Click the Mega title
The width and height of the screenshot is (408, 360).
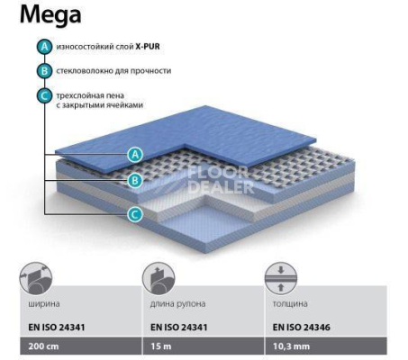click(x=50, y=14)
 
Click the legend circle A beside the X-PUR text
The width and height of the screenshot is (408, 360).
click(x=44, y=47)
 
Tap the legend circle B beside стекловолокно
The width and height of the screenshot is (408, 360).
click(x=44, y=71)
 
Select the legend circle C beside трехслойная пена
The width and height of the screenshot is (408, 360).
click(x=44, y=96)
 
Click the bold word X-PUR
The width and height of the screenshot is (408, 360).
click(x=148, y=47)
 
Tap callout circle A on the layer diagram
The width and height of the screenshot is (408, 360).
click(x=135, y=155)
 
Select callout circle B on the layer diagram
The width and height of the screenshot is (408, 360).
click(x=135, y=181)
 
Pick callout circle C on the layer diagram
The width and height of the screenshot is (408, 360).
click(x=135, y=215)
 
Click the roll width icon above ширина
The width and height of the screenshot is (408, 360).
click(x=36, y=279)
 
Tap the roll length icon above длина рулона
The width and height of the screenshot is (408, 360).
click(x=159, y=279)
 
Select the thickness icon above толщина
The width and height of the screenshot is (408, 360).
click(x=281, y=279)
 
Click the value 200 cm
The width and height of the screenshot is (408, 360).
click(x=43, y=346)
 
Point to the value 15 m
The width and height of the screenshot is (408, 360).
click(x=161, y=346)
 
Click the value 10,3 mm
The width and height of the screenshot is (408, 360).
click(x=291, y=346)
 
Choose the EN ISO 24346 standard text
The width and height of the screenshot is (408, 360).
click(x=302, y=327)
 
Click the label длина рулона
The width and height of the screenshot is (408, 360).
click(x=178, y=304)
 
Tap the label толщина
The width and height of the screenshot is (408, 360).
click(x=290, y=304)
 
